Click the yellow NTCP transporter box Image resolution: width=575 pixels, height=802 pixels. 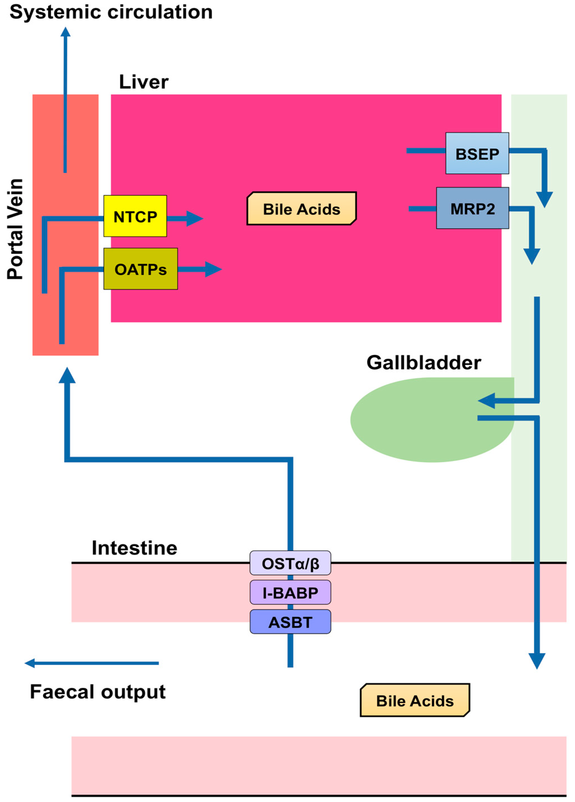135,216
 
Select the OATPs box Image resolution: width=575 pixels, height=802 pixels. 140,269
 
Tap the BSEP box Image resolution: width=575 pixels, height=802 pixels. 477,153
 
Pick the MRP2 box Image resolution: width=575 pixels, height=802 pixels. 473,208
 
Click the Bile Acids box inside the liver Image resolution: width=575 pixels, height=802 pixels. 302,209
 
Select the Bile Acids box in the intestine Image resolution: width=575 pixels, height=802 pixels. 415,700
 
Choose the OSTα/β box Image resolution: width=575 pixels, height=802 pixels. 290,564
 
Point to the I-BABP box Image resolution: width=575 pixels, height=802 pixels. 290,593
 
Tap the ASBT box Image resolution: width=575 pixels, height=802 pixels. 290,622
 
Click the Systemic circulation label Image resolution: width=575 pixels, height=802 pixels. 111,12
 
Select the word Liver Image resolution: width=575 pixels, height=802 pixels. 144,82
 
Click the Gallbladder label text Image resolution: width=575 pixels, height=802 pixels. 424,362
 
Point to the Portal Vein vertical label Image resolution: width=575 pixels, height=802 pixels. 15,229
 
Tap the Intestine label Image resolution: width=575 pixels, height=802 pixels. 134,548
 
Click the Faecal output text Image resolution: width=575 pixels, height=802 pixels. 98,692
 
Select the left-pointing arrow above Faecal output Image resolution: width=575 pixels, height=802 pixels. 91,663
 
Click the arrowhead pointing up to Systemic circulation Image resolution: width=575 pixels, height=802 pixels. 65,33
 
